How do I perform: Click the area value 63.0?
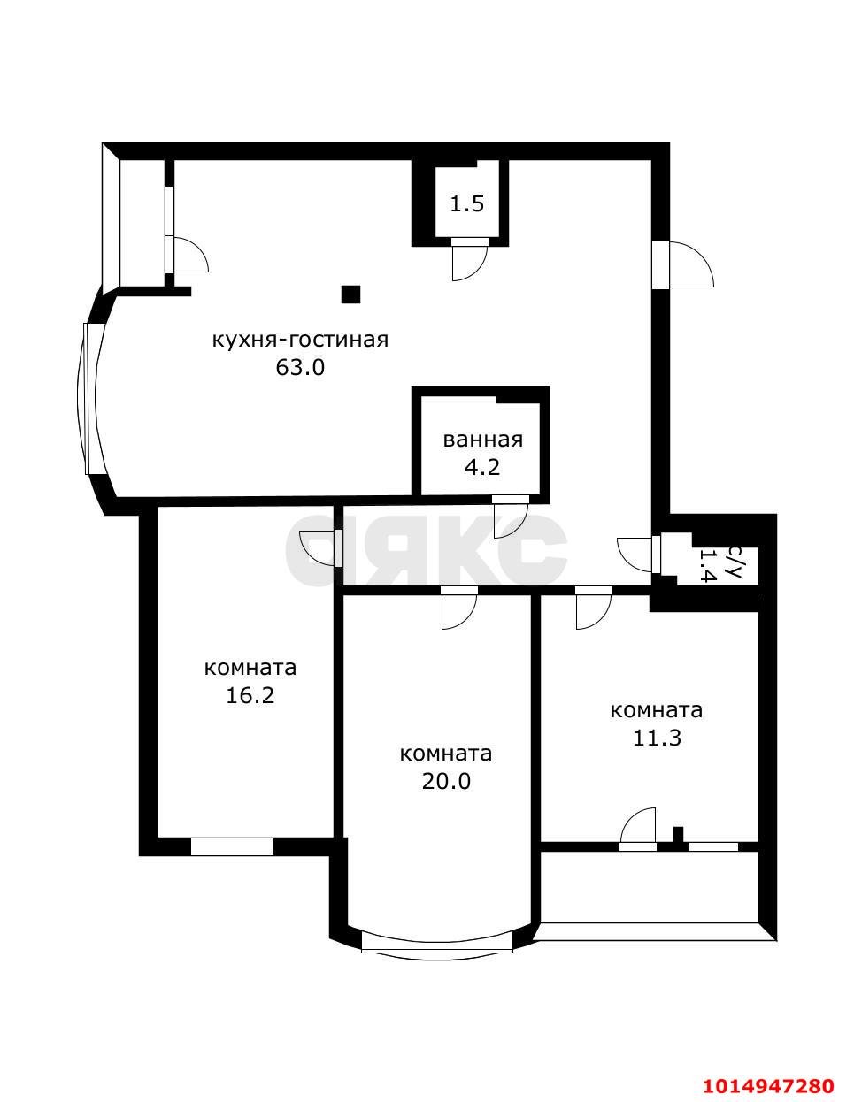(301, 367)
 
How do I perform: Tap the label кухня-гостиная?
(300, 340)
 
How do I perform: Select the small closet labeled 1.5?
(467, 204)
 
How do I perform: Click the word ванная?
(482, 440)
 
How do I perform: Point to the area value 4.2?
(482, 466)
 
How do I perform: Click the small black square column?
(351, 294)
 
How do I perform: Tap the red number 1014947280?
(768, 1085)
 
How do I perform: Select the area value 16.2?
(250, 695)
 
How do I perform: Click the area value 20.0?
(446, 781)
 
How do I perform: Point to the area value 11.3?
(657, 738)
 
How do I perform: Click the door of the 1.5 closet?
(469, 261)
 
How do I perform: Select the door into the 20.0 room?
(459, 608)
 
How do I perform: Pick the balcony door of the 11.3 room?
(639, 830)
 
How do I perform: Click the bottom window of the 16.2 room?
(232, 846)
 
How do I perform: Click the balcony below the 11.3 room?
(649, 886)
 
